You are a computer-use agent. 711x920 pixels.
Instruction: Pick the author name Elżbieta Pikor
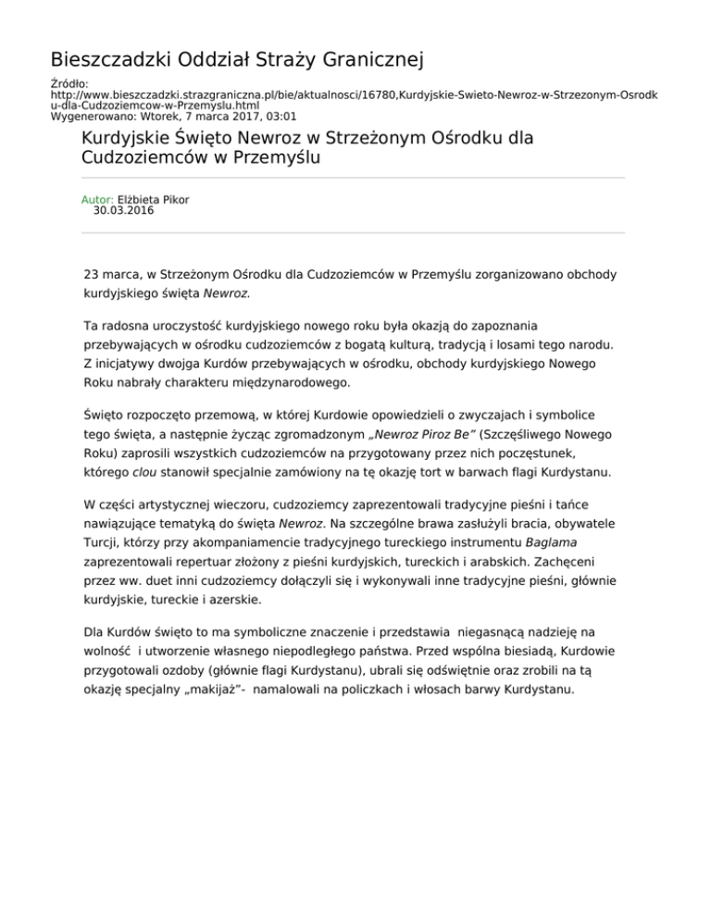pos(152,199)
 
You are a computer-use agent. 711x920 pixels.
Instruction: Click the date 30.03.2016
pos(124,210)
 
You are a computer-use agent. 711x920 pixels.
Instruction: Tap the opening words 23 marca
pos(112,275)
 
